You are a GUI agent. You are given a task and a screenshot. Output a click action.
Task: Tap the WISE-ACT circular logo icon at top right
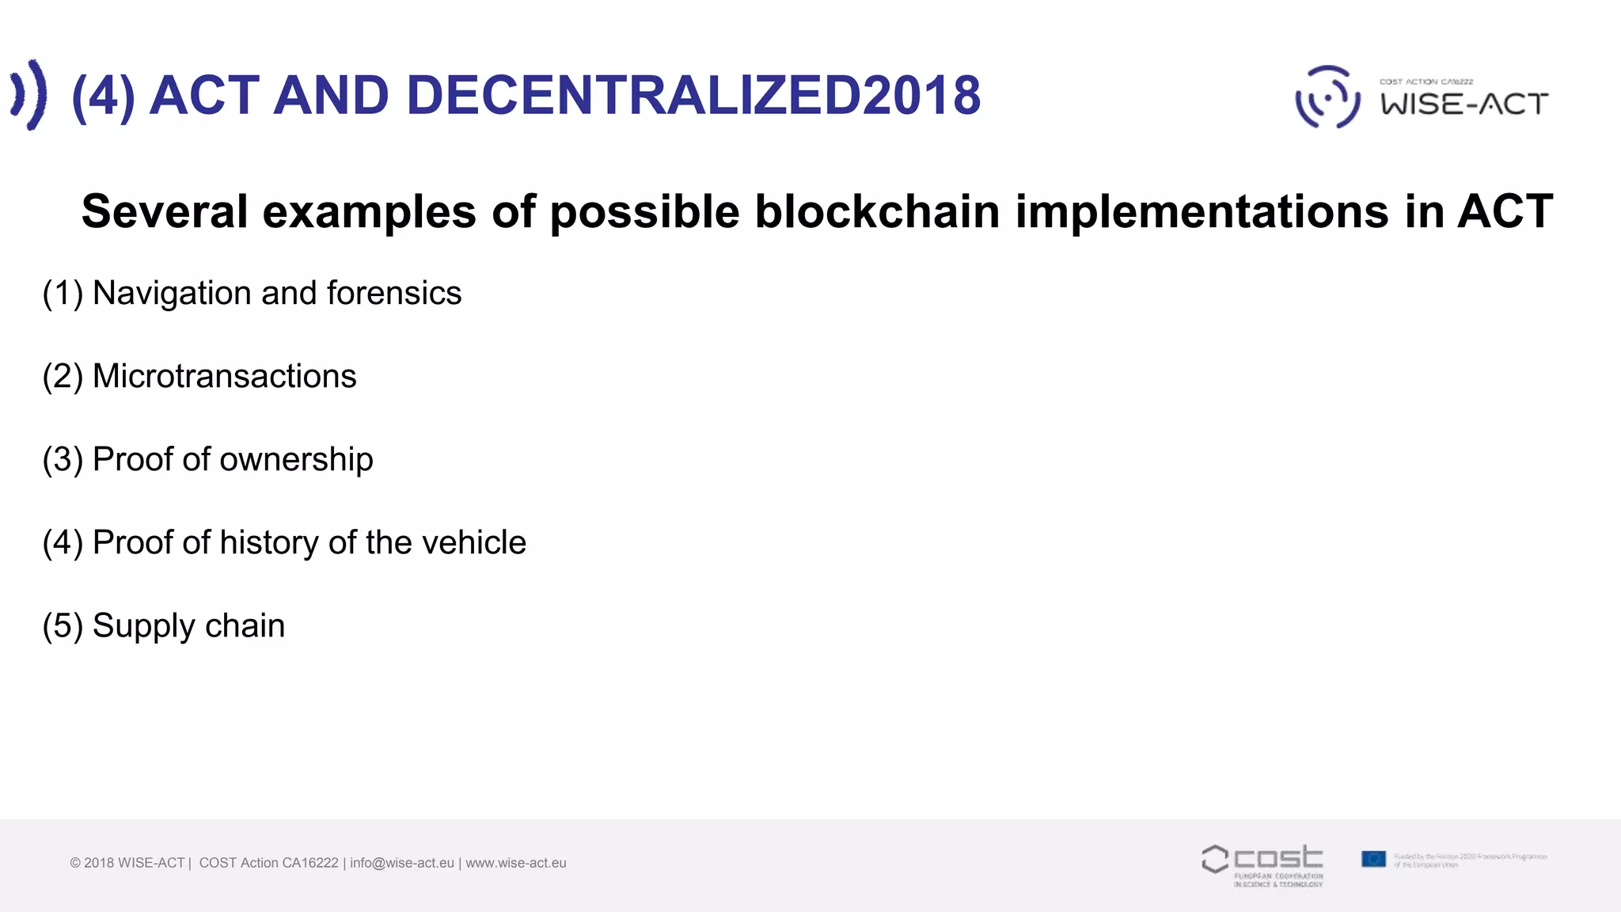[x=1327, y=97]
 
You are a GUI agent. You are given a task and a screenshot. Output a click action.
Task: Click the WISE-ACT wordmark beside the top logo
[x=1464, y=104]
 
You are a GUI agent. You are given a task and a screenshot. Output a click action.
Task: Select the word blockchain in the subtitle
[x=877, y=212]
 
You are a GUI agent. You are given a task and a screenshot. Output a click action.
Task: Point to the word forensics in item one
[x=393, y=294]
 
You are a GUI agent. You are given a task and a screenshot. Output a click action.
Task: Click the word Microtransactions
[x=224, y=377]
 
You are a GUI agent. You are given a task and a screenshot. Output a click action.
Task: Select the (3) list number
[x=63, y=460]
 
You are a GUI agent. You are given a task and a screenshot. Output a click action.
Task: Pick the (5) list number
[x=63, y=626]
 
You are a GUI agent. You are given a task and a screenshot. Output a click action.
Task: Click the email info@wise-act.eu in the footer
[x=402, y=863]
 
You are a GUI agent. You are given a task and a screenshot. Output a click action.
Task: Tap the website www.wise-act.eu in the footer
[x=516, y=863]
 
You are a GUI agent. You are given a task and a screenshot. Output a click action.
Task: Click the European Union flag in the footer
[x=1373, y=859]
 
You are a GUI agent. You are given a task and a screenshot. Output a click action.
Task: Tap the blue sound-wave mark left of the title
[x=29, y=95]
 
